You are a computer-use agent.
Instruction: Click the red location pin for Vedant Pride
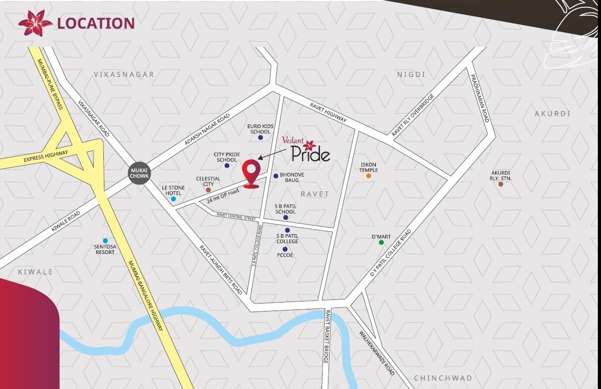tap(251, 173)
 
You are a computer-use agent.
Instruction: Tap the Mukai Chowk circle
tap(139, 172)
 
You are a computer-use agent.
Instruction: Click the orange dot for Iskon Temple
tap(369, 176)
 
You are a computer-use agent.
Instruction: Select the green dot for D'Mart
tap(381, 242)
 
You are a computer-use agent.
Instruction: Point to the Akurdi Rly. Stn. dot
tap(500, 184)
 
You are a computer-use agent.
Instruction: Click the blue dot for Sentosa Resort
tap(105, 241)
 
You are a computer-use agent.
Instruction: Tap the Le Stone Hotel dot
tap(173, 199)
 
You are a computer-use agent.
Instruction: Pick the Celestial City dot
tap(208, 190)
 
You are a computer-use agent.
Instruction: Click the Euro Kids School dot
tap(260, 138)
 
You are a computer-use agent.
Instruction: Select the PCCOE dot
tap(285, 249)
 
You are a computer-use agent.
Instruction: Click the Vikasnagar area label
tap(124, 75)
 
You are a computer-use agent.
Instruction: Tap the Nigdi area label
tap(411, 75)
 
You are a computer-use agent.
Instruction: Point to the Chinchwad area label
tap(443, 378)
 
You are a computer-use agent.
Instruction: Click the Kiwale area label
tap(35, 272)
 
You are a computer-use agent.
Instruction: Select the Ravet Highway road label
tap(328, 112)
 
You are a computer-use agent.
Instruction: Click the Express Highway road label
tap(46, 157)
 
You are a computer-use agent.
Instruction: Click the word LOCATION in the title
tap(96, 23)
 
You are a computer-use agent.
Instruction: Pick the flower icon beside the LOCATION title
tap(35, 23)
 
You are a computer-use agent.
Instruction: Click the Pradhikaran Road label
tap(479, 98)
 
